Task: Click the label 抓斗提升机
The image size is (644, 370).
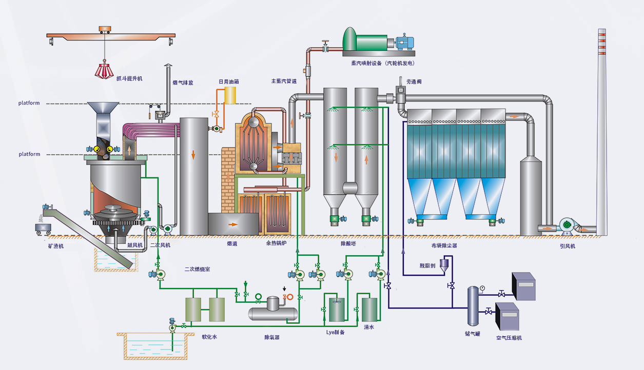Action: click(129, 78)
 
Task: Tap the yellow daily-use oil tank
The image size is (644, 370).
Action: click(230, 95)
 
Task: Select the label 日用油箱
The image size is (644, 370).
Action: click(229, 81)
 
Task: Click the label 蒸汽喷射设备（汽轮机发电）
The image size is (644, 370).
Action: click(383, 63)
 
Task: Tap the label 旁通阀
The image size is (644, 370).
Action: click(414, 82)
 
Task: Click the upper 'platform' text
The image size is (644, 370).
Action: click(29, 103)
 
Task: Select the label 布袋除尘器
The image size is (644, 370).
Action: click(444, 245)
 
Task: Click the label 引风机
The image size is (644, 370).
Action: click(568, 246)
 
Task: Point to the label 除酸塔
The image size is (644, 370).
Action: click(348, 243)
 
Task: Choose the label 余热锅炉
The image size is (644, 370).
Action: click(276, 243)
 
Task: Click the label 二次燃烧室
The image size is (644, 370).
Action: click(197, 269)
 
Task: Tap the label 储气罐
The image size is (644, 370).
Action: click(473, 334)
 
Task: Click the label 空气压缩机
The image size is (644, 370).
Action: click(509, 338)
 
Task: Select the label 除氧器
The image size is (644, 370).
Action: click(272, 337)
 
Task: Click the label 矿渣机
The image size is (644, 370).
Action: click(56, 246)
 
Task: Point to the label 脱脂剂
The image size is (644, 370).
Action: click(427, 265)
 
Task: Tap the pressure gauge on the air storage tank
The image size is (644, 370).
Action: click(482, 288)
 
